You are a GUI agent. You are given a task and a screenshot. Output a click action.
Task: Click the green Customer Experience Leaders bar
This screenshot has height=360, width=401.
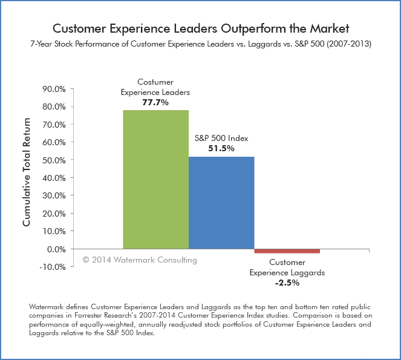(x=155, y=179)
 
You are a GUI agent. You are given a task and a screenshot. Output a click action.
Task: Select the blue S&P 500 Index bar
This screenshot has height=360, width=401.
(x=221, y=203)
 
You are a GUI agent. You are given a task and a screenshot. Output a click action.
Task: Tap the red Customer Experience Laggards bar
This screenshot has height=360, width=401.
(x=287, y=251)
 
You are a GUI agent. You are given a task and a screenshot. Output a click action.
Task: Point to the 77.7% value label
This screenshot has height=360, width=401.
(x=155, y=103)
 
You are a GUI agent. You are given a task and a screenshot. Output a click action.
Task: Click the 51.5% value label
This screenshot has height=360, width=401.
(x=221, y=148)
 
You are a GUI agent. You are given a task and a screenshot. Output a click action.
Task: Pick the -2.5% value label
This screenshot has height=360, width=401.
(x=287, y=283)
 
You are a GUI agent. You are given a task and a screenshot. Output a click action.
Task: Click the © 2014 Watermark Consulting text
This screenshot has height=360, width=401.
(x=140, y=260)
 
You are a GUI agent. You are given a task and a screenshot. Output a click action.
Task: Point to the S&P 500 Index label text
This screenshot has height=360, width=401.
(x=221, y=139)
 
